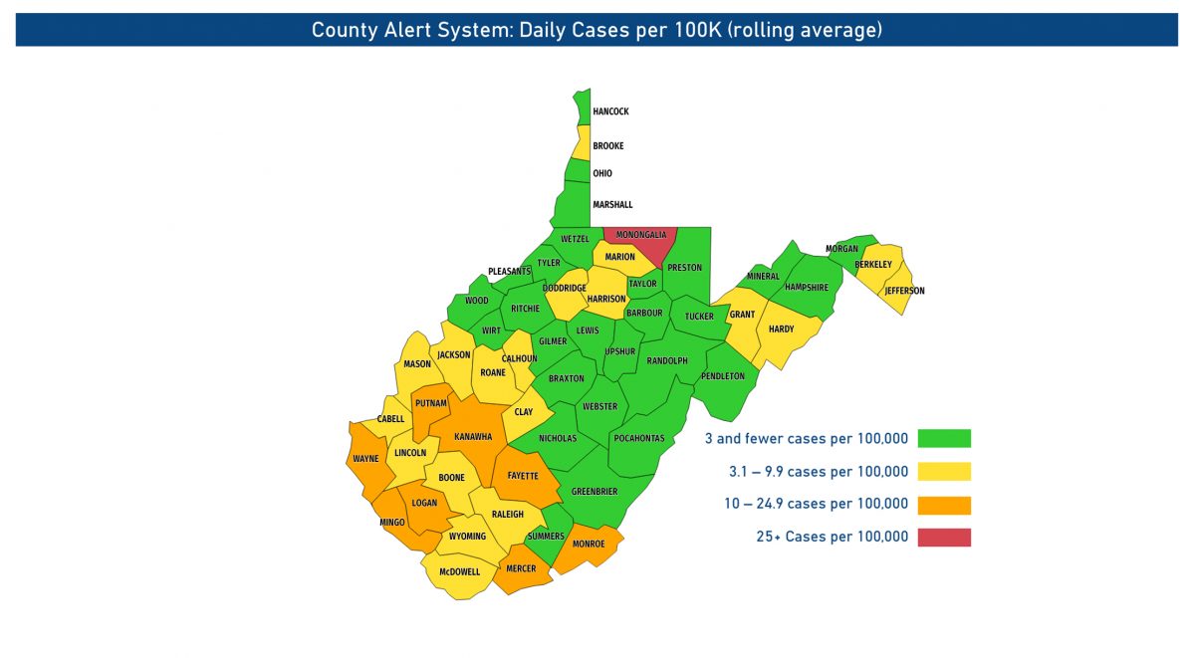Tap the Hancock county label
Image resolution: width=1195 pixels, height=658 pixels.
[x=610, y=111]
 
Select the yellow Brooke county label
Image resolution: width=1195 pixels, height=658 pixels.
[x=608, y=146]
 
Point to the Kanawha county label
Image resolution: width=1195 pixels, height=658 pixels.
[x=473, y=437]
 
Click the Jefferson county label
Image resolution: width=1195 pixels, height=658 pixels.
[x=905, y=291]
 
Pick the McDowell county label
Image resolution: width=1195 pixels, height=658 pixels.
[x=459, y=572]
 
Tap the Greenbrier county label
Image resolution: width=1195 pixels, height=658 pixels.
[x=595, y=492]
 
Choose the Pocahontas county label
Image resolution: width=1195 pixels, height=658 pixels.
[x=639, y=438]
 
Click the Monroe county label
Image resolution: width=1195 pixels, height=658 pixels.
[x=588, y=544]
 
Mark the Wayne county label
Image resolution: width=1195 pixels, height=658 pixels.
[x=365, y=460]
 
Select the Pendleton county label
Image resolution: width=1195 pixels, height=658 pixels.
[x=723, y=376]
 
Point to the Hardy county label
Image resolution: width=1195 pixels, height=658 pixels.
[x=782, y=329]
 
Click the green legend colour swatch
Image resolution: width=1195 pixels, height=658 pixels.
[x=944, y=438]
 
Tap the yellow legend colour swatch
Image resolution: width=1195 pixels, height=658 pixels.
[x=944, y=472]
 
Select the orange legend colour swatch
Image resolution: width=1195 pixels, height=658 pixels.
[x=944, y=505]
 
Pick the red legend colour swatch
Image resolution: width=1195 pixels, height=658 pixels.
[x=944, y=538]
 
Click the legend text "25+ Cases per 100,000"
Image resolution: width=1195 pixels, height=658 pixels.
[x=833, y=538]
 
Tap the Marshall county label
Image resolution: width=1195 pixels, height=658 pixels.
[x=612, y=205]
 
